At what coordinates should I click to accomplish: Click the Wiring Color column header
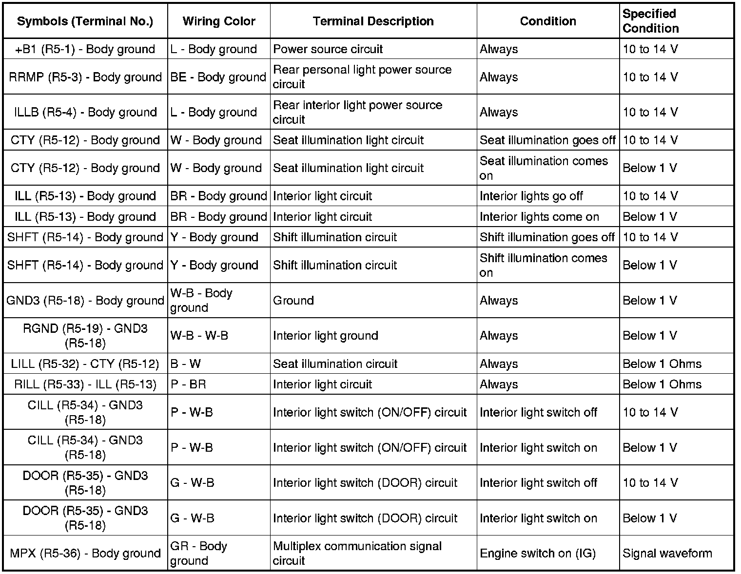click(219, 21)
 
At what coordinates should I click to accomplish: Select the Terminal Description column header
click(373, 21)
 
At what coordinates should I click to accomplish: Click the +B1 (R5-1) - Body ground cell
click(85, 49)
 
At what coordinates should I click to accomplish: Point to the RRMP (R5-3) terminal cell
click(85, 77)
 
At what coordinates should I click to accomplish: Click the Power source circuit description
click(328, 49)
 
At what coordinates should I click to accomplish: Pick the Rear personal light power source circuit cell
click(362, 77)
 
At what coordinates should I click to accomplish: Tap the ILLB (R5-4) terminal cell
click(85, 112)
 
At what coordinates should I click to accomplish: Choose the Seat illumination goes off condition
click(547, 140)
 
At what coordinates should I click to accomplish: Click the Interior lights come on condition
click(539, 217)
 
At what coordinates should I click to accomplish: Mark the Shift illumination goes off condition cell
click(547, 237)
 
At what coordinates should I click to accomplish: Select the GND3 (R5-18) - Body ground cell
click(85, 301)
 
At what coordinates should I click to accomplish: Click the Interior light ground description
click(326, 336)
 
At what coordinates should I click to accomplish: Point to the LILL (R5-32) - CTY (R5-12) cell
click(85, 364)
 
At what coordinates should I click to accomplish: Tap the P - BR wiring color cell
click(188, 384)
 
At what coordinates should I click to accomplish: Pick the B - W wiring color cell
click(186, 364)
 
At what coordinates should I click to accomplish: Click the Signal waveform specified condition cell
click(667, 554)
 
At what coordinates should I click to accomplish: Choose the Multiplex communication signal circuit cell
click(357, 554)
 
